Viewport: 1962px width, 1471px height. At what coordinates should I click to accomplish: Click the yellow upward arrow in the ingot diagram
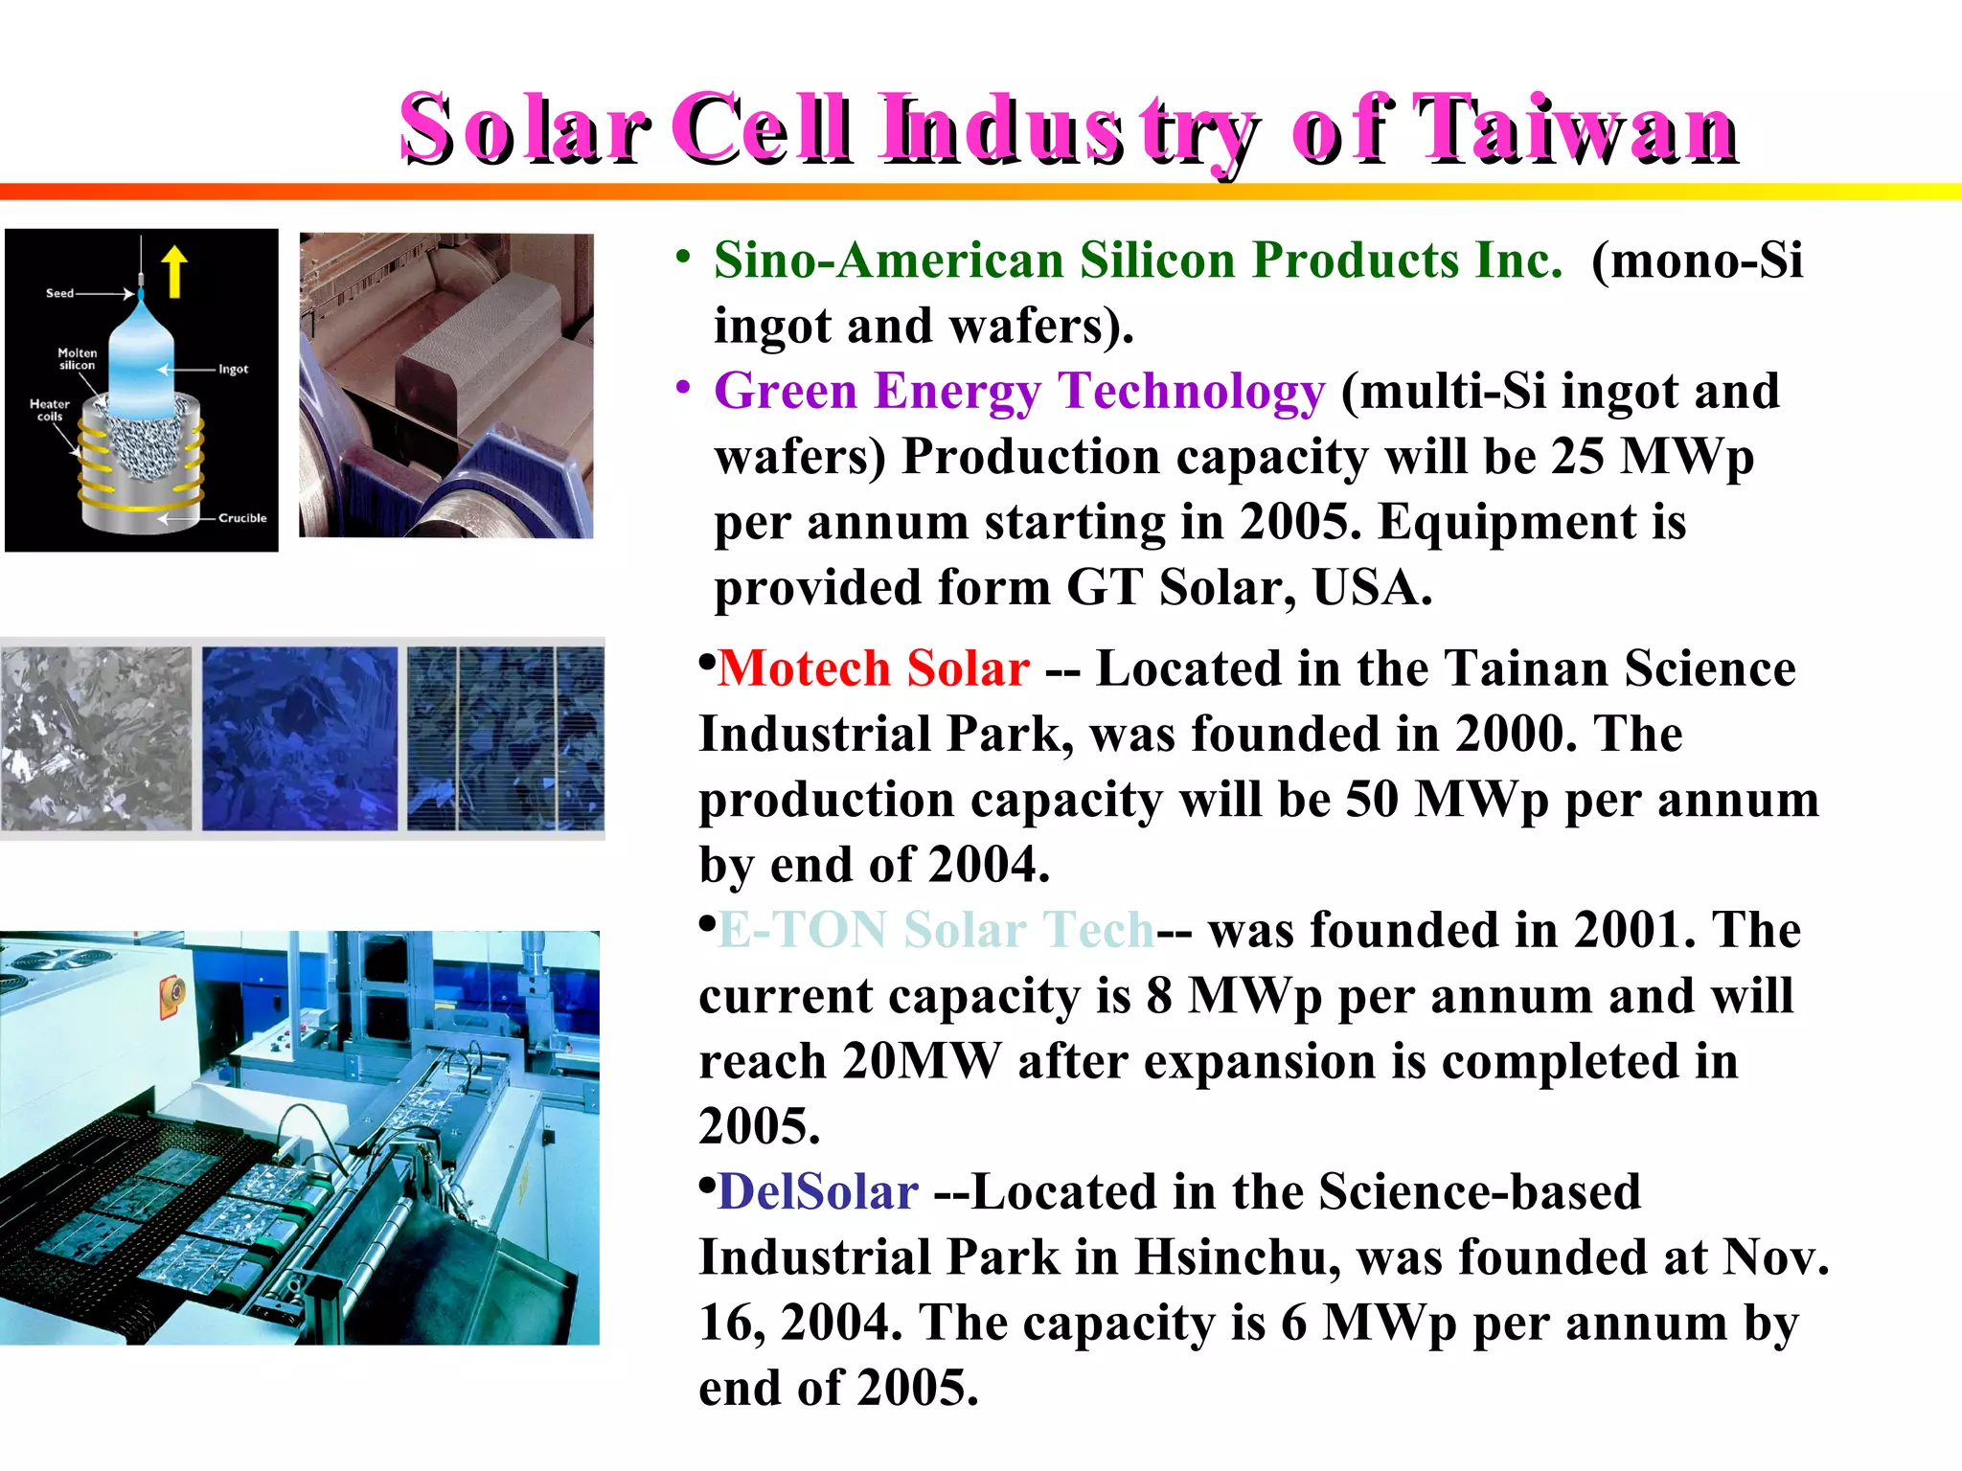(x=174, y=271)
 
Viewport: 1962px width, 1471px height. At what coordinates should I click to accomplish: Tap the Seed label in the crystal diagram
(x=59, y=293)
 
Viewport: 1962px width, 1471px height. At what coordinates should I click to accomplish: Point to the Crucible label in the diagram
(x=242, y=518)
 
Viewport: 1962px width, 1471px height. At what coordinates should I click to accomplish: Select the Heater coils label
(x=49, y=410)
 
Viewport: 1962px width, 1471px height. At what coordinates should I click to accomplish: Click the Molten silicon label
(x=77, y=359)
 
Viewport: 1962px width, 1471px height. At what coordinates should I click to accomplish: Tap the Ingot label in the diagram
(x=233, y=370)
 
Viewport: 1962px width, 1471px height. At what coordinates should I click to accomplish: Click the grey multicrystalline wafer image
(x=96, y=738)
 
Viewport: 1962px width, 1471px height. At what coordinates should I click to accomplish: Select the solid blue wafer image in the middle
(x=299, y=738)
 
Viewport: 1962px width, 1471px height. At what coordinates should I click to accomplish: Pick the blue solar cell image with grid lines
(x=505, y=738)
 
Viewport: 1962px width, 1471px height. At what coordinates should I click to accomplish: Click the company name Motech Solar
(x=874, y=668)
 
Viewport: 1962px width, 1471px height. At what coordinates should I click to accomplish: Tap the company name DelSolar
(x=818, y=1192)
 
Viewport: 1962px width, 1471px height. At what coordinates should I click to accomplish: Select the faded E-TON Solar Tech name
(x=936, y=930)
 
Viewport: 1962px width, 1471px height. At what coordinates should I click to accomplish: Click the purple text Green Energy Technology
(x=1019, y=392)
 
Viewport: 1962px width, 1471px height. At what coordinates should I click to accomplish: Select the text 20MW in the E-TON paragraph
(x=921, y=1061)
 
